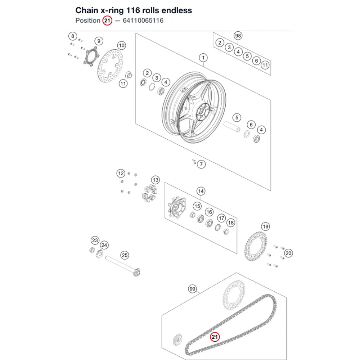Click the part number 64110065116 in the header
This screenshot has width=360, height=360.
(x=143, y=21)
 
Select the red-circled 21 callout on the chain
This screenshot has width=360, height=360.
(x=215, y=337)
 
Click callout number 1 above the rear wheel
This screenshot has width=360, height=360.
(x=203, y=58)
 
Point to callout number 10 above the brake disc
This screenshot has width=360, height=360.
(x=121, y=45)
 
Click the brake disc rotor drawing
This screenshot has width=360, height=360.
(x=110, y=67)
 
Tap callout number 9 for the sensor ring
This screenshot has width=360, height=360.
(x=99, y=41)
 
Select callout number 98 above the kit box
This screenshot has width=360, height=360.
(x=238, y=36)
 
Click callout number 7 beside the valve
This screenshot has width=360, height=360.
(x=201, y=164)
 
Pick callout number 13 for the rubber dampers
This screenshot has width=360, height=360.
(x=156, y=180)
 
